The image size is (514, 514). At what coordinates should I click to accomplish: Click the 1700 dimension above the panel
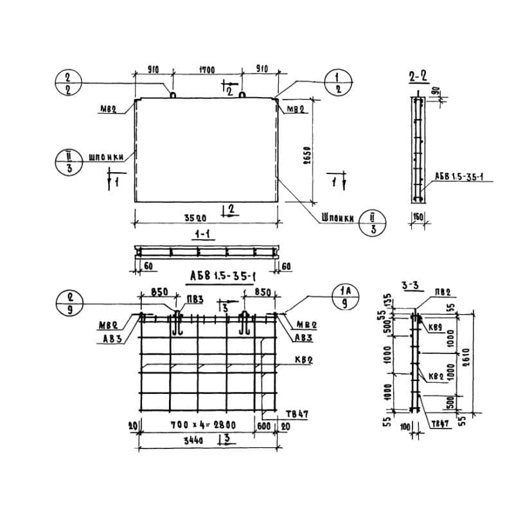(206, 69)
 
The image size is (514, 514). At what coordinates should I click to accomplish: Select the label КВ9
(436, 328)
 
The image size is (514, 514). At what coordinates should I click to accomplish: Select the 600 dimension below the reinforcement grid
(263, 425)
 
